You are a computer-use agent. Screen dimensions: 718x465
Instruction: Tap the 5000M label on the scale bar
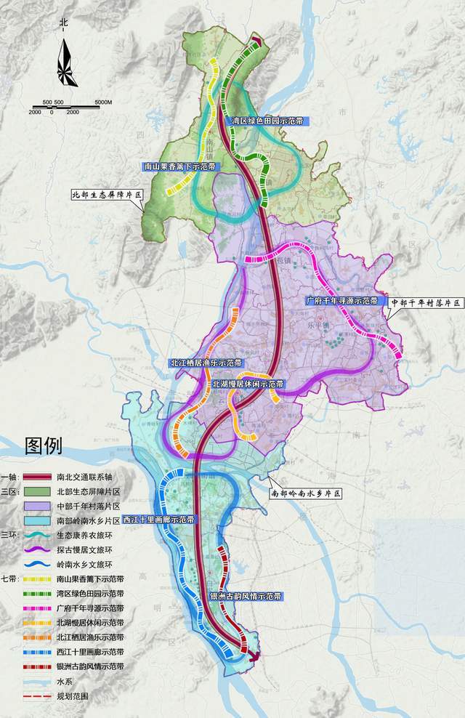click(103, 102)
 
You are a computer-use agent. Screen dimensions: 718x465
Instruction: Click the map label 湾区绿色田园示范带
click(266, 120)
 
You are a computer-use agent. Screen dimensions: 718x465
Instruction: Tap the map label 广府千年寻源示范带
click(341, 300)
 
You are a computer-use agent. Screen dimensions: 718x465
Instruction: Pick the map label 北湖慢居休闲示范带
click(248, 383)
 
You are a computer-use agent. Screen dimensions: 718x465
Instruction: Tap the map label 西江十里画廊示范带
click(158, 520)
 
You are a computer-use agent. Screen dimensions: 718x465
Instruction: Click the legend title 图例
click(44, 445)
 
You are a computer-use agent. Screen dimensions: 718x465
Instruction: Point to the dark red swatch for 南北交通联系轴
click(36, 477)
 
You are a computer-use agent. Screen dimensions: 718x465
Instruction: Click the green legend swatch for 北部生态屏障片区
click(36, 492)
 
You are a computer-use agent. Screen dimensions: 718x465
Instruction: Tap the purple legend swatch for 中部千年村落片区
click(36, 507)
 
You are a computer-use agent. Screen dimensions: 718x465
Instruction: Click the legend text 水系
click(63, 681)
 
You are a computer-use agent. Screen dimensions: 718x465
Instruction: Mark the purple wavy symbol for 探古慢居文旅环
click(36, 550)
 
